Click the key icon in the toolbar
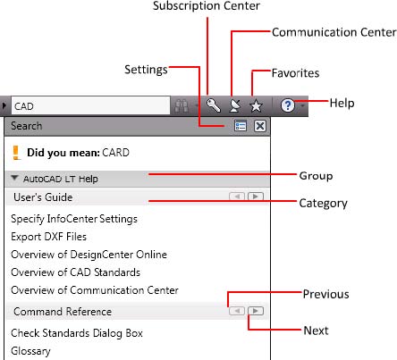(214, 105)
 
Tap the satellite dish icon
(234, 105)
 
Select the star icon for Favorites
(256, 105)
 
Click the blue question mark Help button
(288, 105)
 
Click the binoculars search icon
(182, 105)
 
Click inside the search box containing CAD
(90, 105)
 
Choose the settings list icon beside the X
(241, 126)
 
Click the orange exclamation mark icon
(16, 153)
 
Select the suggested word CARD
(115, 153)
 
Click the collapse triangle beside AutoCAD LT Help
(14, 178)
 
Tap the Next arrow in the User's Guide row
(256, 197)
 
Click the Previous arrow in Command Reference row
(237, 311)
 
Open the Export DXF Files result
(48, 237)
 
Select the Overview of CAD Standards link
(75, 272)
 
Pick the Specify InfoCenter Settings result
(74, 219)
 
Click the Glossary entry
(30, 351)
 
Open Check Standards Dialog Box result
(77, 333)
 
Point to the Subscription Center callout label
(207, 6)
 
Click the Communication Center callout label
(334, 32)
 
